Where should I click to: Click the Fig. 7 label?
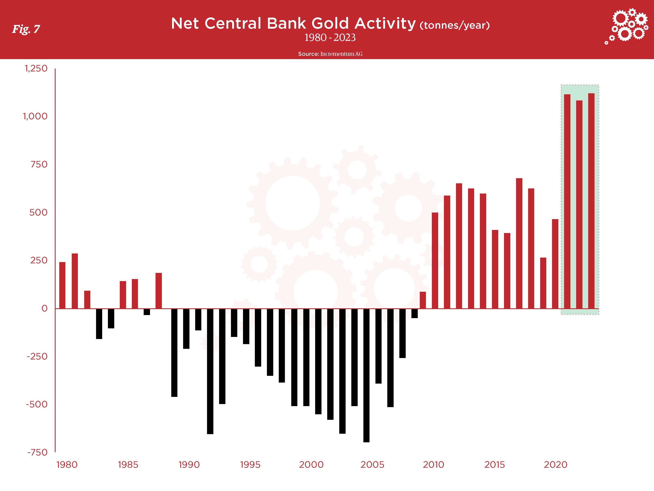(26, 29)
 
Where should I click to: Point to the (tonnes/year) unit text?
(455, 25)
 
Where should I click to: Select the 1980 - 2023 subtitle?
(330, 38)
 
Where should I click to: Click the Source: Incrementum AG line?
(330, 54)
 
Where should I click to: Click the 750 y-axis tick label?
(39, 164)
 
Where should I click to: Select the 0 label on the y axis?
(44, 308)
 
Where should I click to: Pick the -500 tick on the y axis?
(37, 404)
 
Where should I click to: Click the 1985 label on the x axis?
(128, 465)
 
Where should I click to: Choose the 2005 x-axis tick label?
(372, 465)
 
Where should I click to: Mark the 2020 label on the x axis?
(555, 465)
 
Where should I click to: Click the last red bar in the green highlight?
(591, 201)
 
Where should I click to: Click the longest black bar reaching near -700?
(366, 375)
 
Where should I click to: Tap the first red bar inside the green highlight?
(567, 202)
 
